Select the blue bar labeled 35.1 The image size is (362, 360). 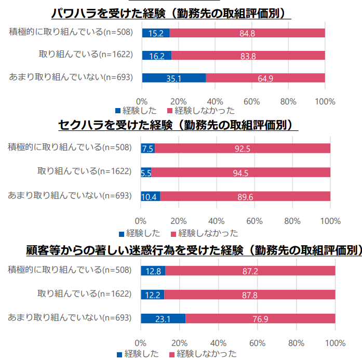pyautogui.click(x=173, y=78)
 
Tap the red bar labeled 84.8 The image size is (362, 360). pyautogui.click(x=247, y=33)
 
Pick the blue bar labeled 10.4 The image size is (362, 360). pyautogui.click(x=150, y=196)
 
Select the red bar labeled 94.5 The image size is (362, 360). pyautogui.click(x=241, y=172)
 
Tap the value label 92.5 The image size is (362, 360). pyautogui.click(x=243, y=149)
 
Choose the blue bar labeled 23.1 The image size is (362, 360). pyautogui.click(x=163, y=318)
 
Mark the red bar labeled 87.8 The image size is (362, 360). pyautogui.click(x=250, y=295)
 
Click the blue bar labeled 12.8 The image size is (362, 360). pyautogui.click(x=153, y=271)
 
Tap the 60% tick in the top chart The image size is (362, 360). pyautogui.click(x=252, y=101)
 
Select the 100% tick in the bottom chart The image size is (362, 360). pyautogui.click(x=335, y=343)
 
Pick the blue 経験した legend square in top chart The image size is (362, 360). pyautogui.click(x=118, y=111)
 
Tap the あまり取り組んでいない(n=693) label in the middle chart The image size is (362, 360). pyautogui.click(x=69, y=196)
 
